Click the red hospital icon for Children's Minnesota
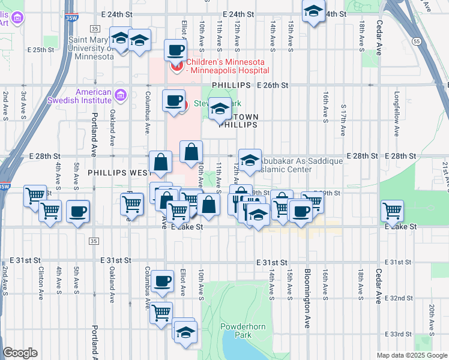point(177,65)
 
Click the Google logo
point(20,353)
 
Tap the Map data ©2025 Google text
point(411,355)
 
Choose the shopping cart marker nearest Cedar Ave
point(392,211)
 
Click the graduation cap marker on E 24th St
point(313,12)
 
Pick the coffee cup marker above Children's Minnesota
point(175,50)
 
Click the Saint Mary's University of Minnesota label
point(91,49)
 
